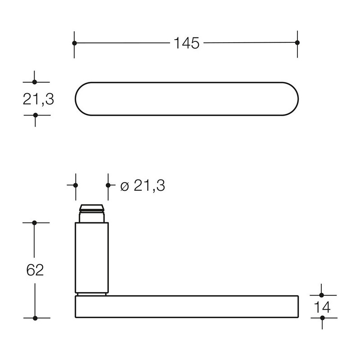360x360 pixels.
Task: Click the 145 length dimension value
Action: [x=186, y=43]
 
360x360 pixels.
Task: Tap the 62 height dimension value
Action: [x=35, y=270]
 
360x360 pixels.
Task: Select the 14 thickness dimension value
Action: [x=322, y=307]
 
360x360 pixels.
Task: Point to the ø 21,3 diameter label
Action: [x=143, y=185]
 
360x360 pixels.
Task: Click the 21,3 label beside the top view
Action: [x=38, y=99]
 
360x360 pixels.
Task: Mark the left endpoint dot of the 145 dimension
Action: [x=74, y=43]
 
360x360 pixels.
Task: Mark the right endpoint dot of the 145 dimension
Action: [x=297, y=42]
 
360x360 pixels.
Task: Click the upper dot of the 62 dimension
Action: [x=35, y=223]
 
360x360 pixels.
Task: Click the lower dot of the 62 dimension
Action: [x=35, y=318]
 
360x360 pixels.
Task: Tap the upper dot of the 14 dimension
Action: [x=321, y=295]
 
